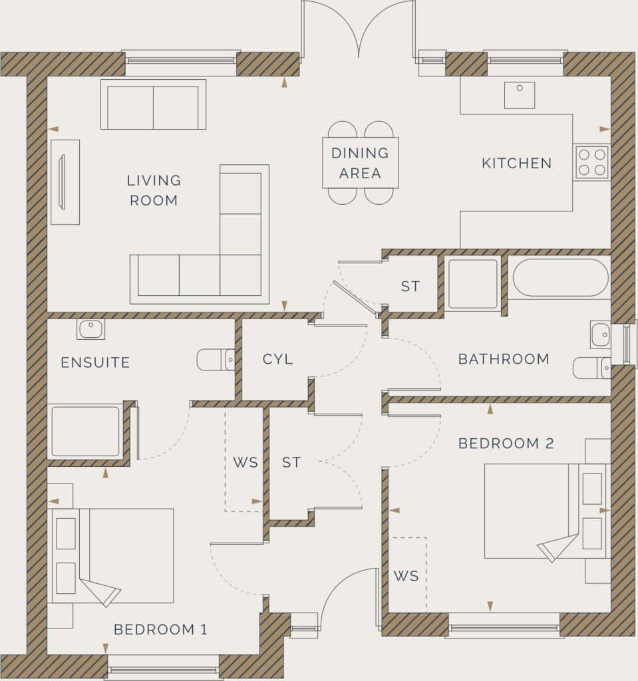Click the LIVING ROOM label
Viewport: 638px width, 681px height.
coord(154,190)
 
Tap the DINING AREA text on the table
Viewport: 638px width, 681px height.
coord(360,163)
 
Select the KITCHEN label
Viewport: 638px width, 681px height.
coord(516,163)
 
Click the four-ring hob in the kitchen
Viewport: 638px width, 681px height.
coord(592,162)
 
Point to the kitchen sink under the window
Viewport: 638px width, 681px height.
coord(519,95)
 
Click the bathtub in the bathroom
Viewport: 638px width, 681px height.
coord(560,277)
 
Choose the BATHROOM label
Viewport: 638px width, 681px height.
coord(503,359)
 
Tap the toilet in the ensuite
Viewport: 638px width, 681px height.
coord(214,360)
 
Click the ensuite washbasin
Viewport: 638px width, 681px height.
coord(90,329)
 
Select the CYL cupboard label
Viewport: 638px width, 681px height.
coord(277,359)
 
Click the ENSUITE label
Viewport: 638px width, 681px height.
coord(95,362)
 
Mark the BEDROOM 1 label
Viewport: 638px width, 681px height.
coord(160,629)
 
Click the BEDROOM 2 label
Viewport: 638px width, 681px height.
coord(506,444)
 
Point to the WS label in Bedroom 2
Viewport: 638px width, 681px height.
coord(406,576)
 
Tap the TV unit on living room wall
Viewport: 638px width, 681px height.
coord(65,182)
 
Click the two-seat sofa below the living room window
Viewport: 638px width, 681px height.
coord(153,105)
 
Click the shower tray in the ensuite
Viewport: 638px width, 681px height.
coord(85,431)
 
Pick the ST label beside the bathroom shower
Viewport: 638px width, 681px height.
coord(410,287)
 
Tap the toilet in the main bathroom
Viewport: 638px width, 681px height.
coord(591,368)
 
